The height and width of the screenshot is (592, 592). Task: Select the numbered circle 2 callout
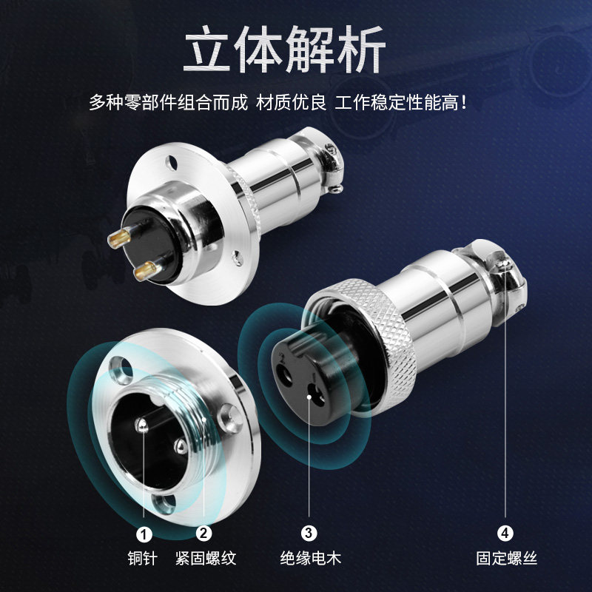[x=204, y=532]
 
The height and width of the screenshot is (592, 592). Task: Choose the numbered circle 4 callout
[x=505, y=532]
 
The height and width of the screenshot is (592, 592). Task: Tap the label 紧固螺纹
[x=206, y=559]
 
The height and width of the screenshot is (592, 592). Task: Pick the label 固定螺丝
[x=506, y=559]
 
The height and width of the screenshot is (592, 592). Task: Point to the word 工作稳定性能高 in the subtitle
[x=400, y=103]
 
